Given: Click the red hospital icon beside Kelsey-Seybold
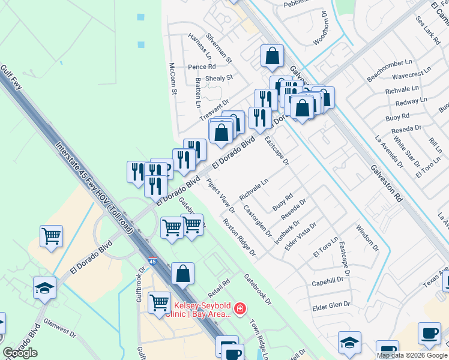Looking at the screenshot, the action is tap(240, 308).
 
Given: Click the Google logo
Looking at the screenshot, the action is tap(20, 352).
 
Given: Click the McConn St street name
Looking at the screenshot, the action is tap(173, 79).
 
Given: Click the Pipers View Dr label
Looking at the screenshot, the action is tap(220, 196).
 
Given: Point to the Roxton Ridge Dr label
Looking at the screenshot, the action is tap(240, 237).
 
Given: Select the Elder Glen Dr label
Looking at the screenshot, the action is tap(331, 305).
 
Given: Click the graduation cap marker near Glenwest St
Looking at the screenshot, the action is tap(44, 289).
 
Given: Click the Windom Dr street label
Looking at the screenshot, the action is tap(367, 238).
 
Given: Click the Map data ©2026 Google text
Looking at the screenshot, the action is tap(412, 355).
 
